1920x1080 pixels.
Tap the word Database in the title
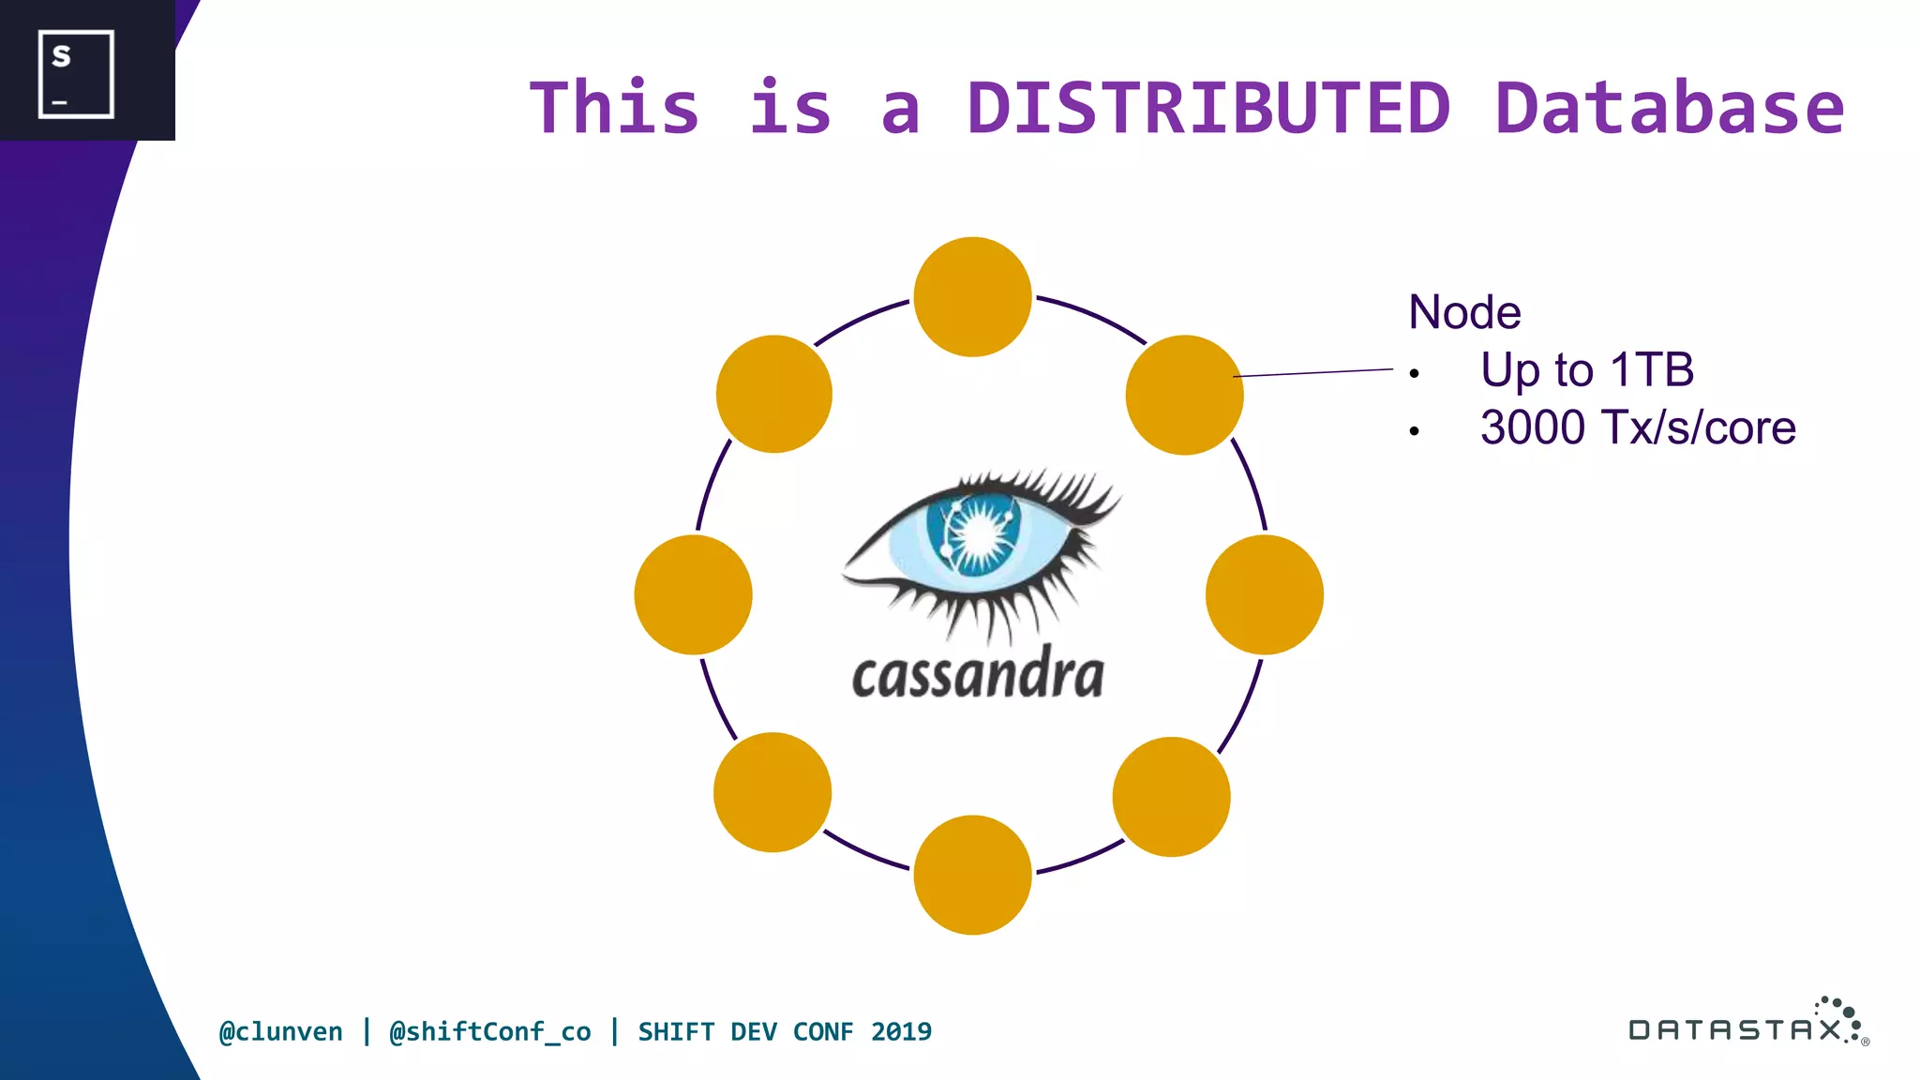tap(1669, 108)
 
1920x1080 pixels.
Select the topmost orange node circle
tap(972, 296)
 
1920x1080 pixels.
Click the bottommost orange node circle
tap(972, 875)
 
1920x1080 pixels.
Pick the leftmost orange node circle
tap(693, 594)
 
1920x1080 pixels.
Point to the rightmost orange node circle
tap(1264, 594)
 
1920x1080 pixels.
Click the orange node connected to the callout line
tap(1184, 395)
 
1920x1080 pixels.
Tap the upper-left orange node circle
tap(773, 394)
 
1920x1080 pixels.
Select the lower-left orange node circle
tap(772, 792)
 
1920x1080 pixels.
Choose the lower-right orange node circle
tap(1171, 796)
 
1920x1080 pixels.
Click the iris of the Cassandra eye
tap(975, 535)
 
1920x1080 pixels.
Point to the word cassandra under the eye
tap(978, 675)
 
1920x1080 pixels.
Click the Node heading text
tap(1464, 312)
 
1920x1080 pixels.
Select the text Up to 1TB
tap(1586, 369)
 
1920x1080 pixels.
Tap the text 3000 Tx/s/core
tap(1637, 427)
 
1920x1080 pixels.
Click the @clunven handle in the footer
tap(280, 1031)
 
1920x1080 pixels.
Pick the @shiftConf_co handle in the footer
tap(489, 1031)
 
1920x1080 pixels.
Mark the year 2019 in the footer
tap(900, 1031)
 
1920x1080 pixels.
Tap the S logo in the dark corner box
tap(75, 73)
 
